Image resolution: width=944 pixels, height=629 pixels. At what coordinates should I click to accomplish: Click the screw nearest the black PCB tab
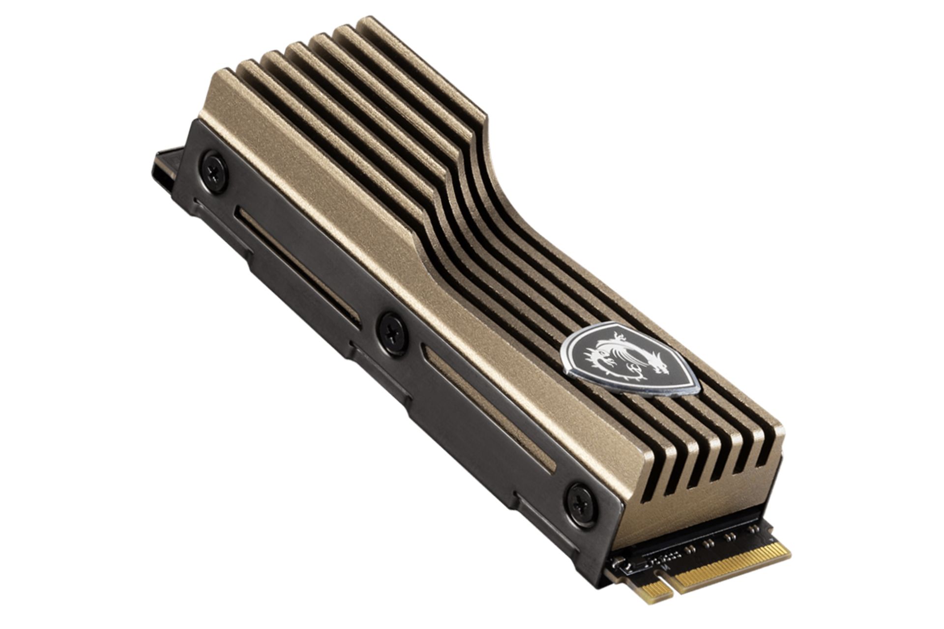click(x=215, y=172)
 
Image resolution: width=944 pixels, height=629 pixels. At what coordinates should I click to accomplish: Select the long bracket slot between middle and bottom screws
click(x=489, y=408)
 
